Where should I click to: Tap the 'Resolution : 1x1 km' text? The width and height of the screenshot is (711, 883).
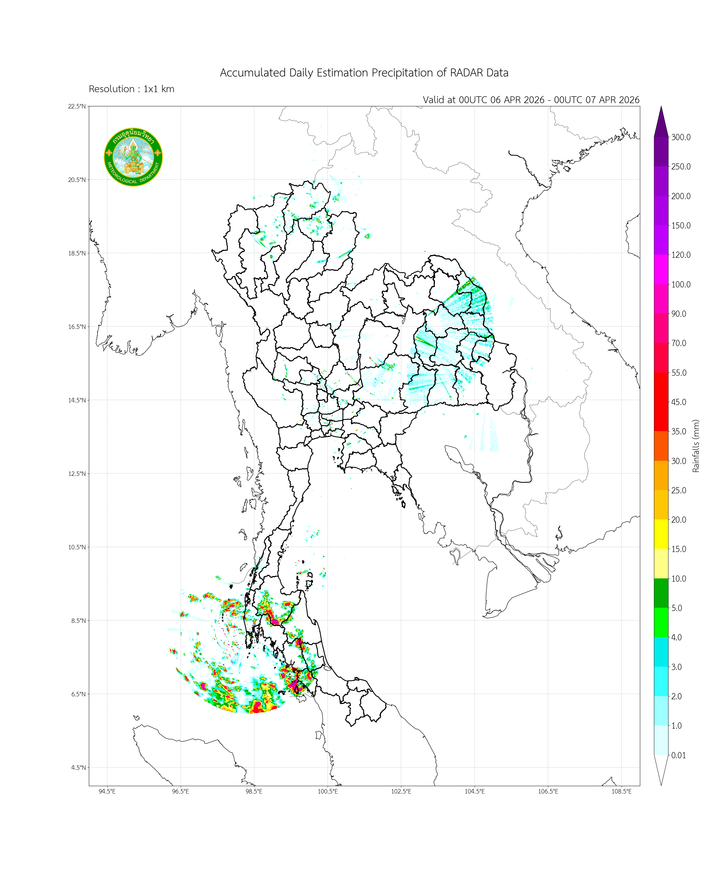pyautogui.click(x=132, y=89)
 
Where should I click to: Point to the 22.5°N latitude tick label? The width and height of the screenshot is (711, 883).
pyautogui.click(x=77, y=106)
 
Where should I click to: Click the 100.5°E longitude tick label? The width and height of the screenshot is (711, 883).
pyautogui.click(x=328, y=791)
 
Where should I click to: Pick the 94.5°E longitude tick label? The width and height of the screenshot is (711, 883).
pyautogui.click(x=107, y=791)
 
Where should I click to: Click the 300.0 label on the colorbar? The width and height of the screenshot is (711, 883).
pyautogui.click(x=681, y=137)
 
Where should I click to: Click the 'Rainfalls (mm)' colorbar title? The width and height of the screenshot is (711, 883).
pyautogui.click(x=696, y=446)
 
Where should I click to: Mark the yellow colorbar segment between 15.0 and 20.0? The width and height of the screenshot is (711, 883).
pyautogui.click(x=661, y=534)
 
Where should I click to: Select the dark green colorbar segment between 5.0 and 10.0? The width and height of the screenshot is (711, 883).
pyautogui.click(x=661, y=593)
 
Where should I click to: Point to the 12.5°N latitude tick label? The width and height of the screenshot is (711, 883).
pyautogui.click(x=77, y=474)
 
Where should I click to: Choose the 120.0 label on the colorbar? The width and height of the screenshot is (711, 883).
pyautogui.click(x=681, y=255)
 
